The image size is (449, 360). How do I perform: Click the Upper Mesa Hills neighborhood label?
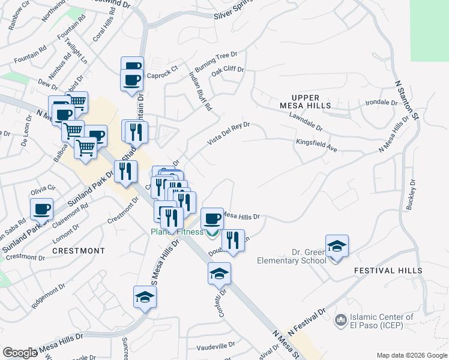click(311, 101)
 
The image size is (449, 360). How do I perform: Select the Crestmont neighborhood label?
click(79, 250)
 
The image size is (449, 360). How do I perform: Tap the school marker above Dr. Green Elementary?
click(337, 246)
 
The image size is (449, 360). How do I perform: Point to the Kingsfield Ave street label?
click(316, 143)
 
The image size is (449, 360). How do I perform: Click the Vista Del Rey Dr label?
click(228, 132)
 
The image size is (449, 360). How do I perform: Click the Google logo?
click(20, 353)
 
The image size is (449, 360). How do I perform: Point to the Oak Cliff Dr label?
click(228, 70)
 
